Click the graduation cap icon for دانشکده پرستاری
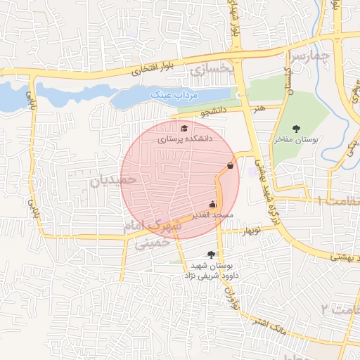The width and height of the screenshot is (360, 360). point(184,128)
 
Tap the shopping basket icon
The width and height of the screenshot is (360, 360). point(231,166)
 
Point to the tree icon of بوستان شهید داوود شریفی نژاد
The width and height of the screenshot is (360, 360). point(210,255)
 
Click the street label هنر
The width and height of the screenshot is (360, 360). point(261,108)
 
